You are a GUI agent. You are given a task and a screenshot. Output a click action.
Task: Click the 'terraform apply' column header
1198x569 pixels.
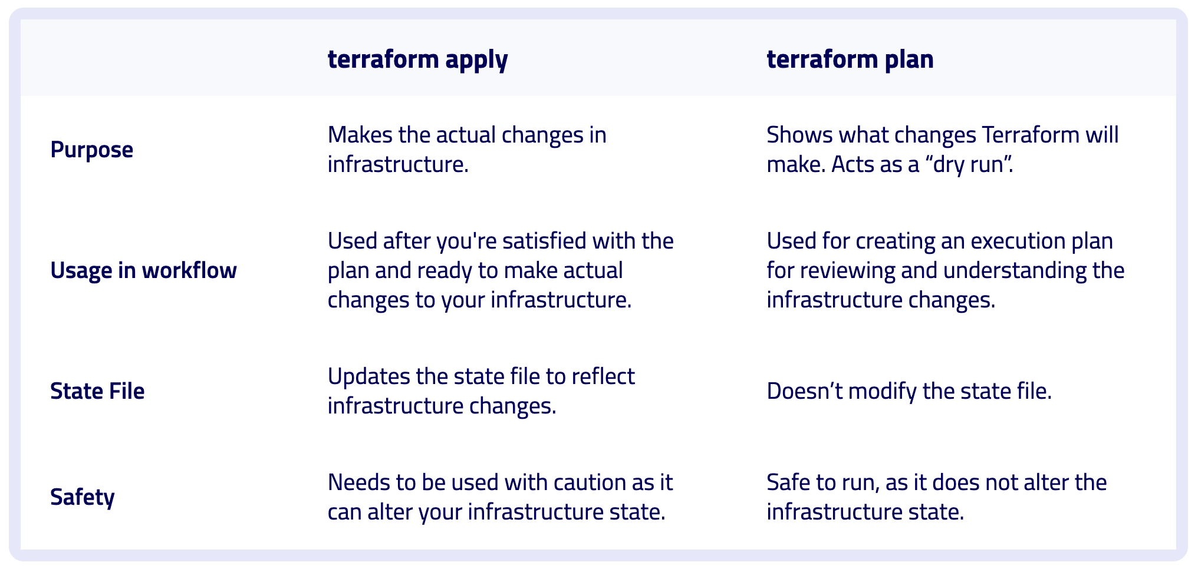[417, 59]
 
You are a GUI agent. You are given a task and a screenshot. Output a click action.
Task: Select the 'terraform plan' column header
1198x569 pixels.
[850, 59]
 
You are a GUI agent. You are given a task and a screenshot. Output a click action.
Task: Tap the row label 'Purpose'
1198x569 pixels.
[91, 150]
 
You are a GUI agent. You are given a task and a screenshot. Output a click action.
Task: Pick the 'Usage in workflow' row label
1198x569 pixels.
[143, 270]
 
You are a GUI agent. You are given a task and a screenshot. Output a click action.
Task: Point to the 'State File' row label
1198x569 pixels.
[97, 391]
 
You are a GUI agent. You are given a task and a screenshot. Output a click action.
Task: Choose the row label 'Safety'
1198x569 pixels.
[82, 497]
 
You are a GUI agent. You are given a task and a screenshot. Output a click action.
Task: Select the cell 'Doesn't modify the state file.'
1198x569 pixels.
[909, 391]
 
